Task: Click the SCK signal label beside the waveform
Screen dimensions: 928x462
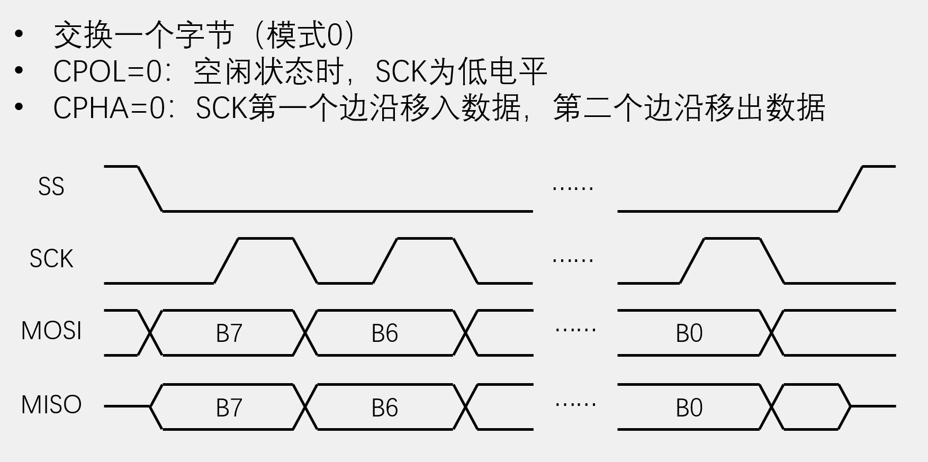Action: click(x=51, y=259)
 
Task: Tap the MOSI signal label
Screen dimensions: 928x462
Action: click(x=51, y=331)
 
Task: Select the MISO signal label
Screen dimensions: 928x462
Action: click(x=51, y=405)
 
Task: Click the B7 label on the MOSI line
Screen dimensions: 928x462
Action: click(x=229, y=333)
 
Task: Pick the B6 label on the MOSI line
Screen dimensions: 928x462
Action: click(x=384, y=333)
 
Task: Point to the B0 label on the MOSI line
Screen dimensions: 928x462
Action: click(x=689, y=333)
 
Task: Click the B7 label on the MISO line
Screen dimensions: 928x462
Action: click(x=229, y=408)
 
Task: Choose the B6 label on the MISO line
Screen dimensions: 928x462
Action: click(x=384, y=408)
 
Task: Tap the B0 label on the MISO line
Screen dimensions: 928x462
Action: click(x=689, y=408)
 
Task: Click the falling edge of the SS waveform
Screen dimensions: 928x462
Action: click(x=150, y=189)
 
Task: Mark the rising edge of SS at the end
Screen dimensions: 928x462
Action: click(x=850, y=189)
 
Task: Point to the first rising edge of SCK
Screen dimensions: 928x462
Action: click(x=227, y=261)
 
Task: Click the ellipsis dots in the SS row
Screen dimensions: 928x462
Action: click(x=573, y=188)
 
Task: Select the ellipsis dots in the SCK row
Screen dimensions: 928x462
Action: click(x=573, y=260)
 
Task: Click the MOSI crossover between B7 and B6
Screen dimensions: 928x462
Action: click(x=306, y=333)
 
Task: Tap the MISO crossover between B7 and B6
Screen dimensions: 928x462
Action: click(x=306, y=407)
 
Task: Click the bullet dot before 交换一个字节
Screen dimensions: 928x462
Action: click(x=20, y=34)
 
